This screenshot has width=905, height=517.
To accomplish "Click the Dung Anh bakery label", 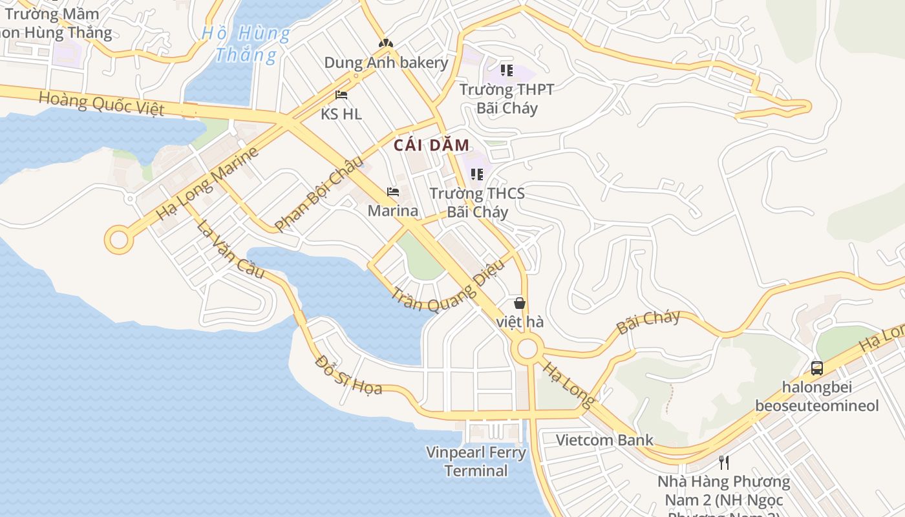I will click(x=386, y=63).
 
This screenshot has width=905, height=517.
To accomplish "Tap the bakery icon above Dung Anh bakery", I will click(x=386, y=43).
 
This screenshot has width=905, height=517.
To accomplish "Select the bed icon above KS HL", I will click(x=341, y=95).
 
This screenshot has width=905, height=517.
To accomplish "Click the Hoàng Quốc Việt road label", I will click(x=101, y=103).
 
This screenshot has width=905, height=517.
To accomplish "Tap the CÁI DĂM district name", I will click(x=431, y=145).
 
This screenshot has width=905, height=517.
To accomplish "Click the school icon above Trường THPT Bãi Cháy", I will click(x=506, y=70).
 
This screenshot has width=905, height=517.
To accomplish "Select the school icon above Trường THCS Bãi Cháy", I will click(x=477, y=174).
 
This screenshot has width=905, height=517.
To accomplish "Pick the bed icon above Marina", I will click(x=392, y=192).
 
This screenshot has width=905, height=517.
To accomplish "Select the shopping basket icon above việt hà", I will click(x=520, y=302).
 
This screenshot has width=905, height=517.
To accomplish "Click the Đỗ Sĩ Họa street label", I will click(x=348, y=375).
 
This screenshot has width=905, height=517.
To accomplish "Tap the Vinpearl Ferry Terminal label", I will click(x=476, y=461).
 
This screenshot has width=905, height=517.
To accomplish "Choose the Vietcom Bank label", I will click(x=604, y=440).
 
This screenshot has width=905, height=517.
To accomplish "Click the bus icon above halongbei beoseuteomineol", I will click(x=817, y=368).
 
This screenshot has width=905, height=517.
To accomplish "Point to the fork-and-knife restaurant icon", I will click(x=724, y=462).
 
